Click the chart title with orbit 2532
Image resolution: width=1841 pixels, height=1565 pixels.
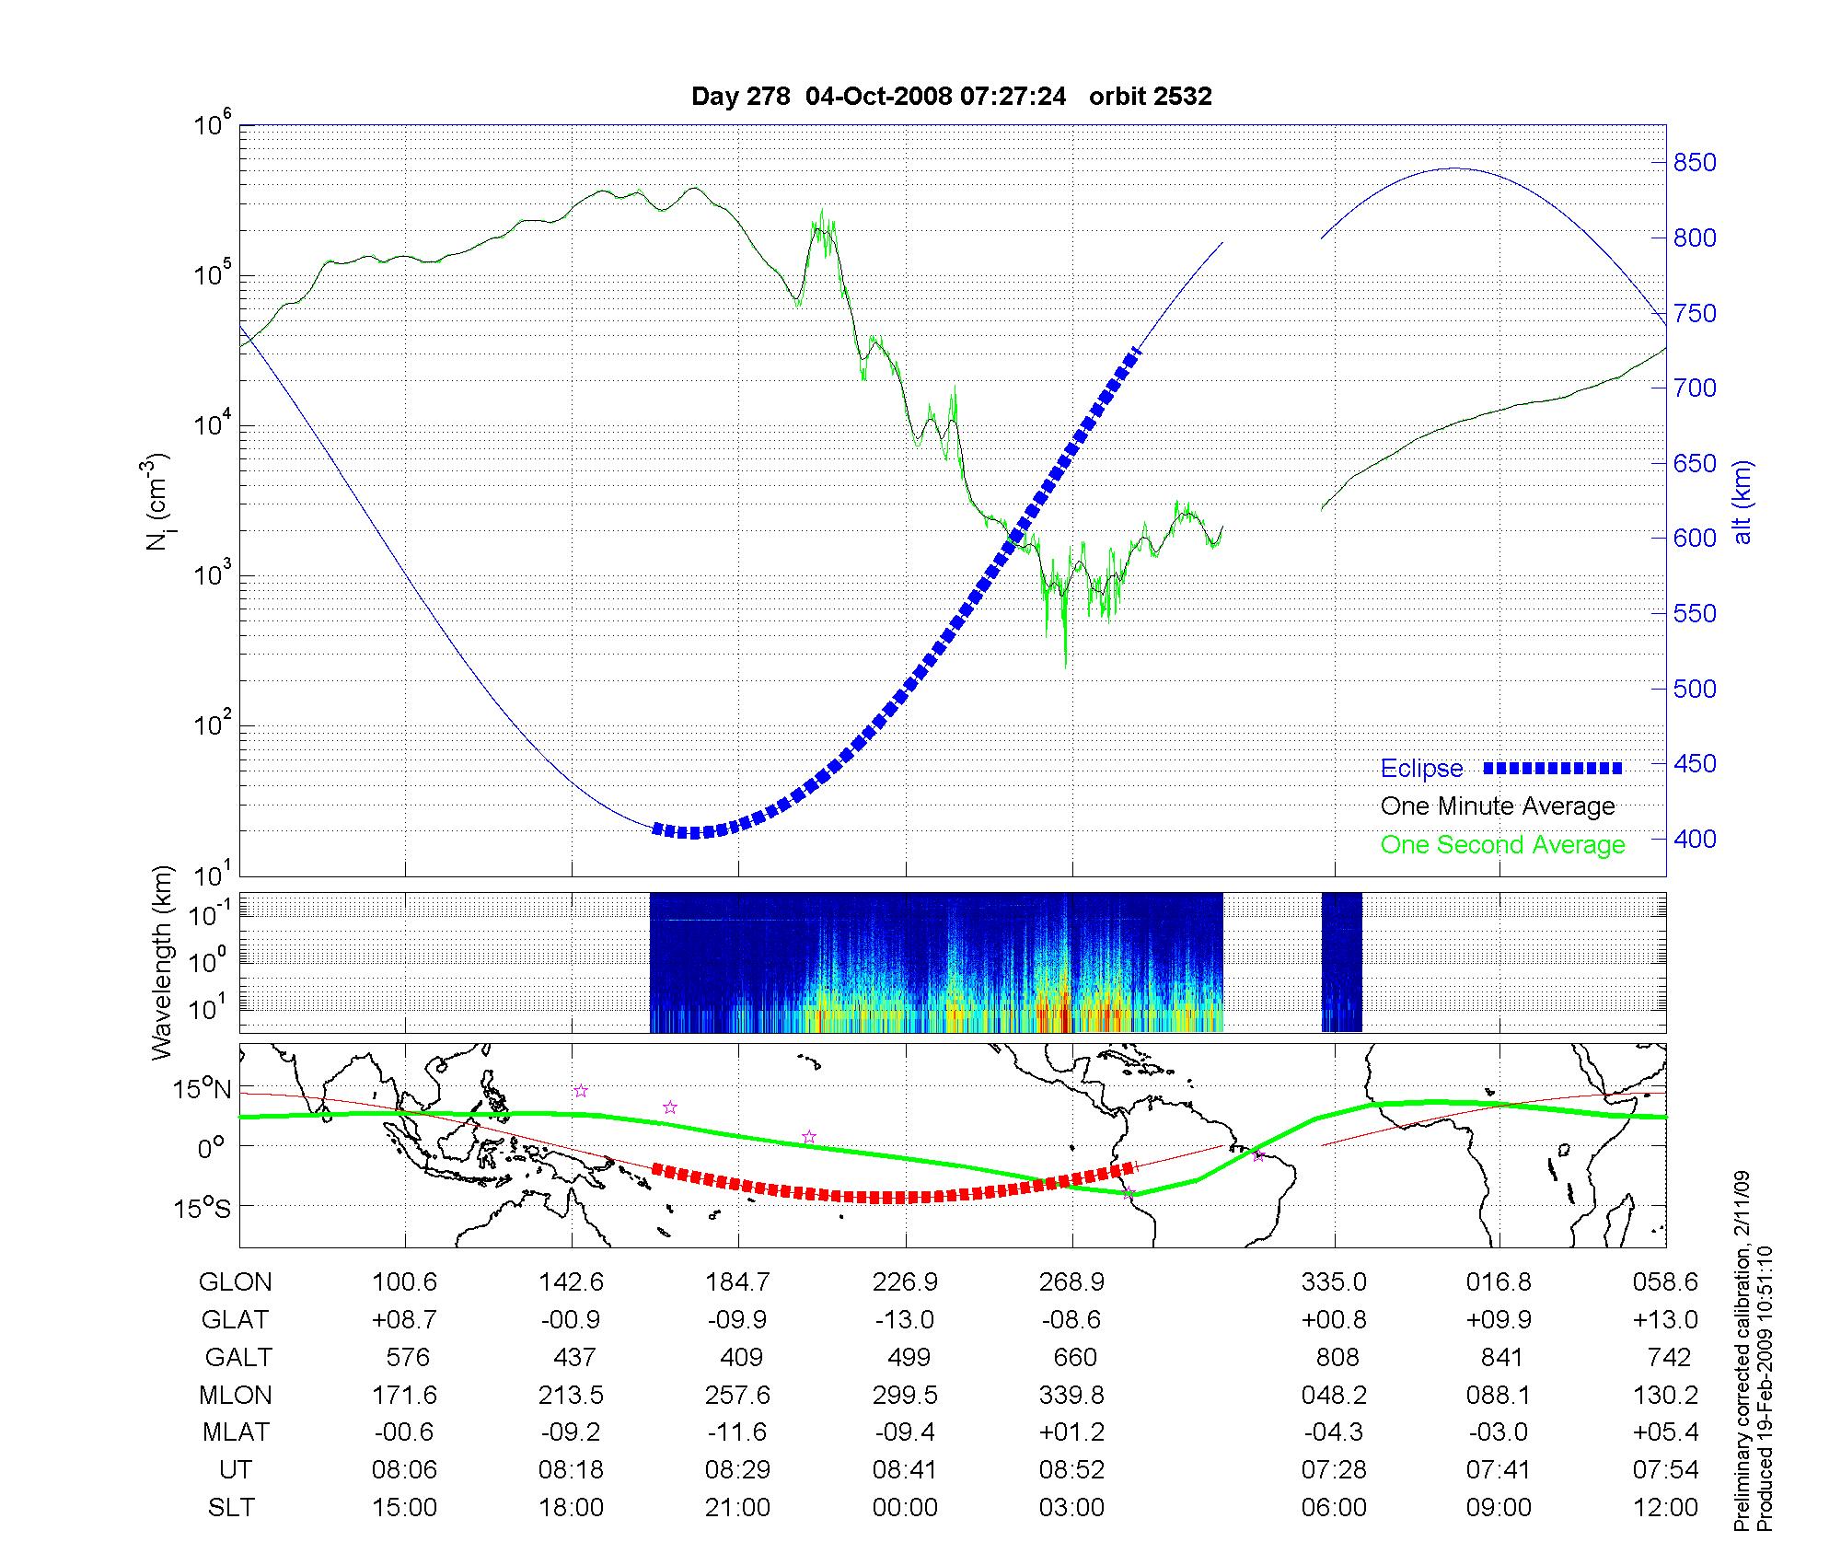coord(951,97)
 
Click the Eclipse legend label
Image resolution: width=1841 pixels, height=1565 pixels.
coord(1421,769)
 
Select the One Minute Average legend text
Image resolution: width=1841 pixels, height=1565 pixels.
coord(1498,806)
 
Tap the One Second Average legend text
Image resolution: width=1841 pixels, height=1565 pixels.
coord(1502,845)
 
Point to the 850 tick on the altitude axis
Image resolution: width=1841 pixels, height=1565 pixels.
coord(1695,163)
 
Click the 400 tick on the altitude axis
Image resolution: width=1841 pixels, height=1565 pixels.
coord(1695,839)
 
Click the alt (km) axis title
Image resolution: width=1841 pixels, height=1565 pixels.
coord(1743,502)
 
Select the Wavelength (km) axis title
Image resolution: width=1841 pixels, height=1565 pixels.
coord(163,962)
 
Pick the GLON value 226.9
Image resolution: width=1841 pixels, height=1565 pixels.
coord(905,1281)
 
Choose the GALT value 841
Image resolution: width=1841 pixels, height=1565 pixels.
coord(1500,1358)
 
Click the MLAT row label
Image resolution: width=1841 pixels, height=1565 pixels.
coord(236,1432)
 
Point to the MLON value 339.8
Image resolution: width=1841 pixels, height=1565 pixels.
coord(1071,1396)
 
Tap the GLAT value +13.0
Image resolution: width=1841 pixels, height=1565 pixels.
coord(1665,1320)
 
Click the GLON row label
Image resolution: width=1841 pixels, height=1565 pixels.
coord(236,1281)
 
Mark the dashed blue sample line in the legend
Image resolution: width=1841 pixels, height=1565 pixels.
coord(1552,768)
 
